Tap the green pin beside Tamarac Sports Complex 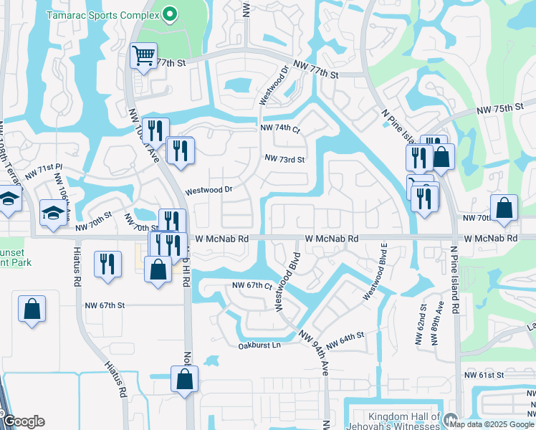pos(169,14)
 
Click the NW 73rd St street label pos(284,158)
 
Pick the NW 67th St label pos(102,305)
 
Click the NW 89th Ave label pos(437,323)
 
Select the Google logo pos(24,421)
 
